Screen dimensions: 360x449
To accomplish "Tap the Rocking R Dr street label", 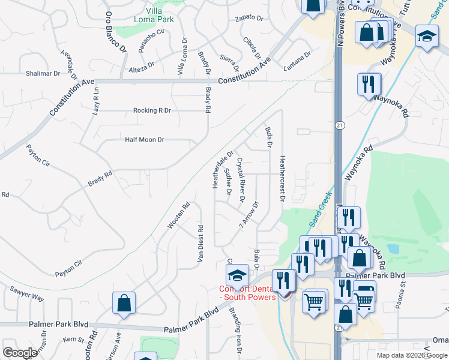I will point(152,110).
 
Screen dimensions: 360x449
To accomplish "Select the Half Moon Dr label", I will point(144,140).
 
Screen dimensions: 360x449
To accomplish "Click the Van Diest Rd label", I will point(200,244).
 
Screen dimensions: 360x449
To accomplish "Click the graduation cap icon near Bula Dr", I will point(237,275).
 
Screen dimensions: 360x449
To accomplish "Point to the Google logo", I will point(20,353).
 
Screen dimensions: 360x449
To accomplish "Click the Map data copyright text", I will point(411,355).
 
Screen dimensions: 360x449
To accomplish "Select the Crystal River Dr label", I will point(240,179).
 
